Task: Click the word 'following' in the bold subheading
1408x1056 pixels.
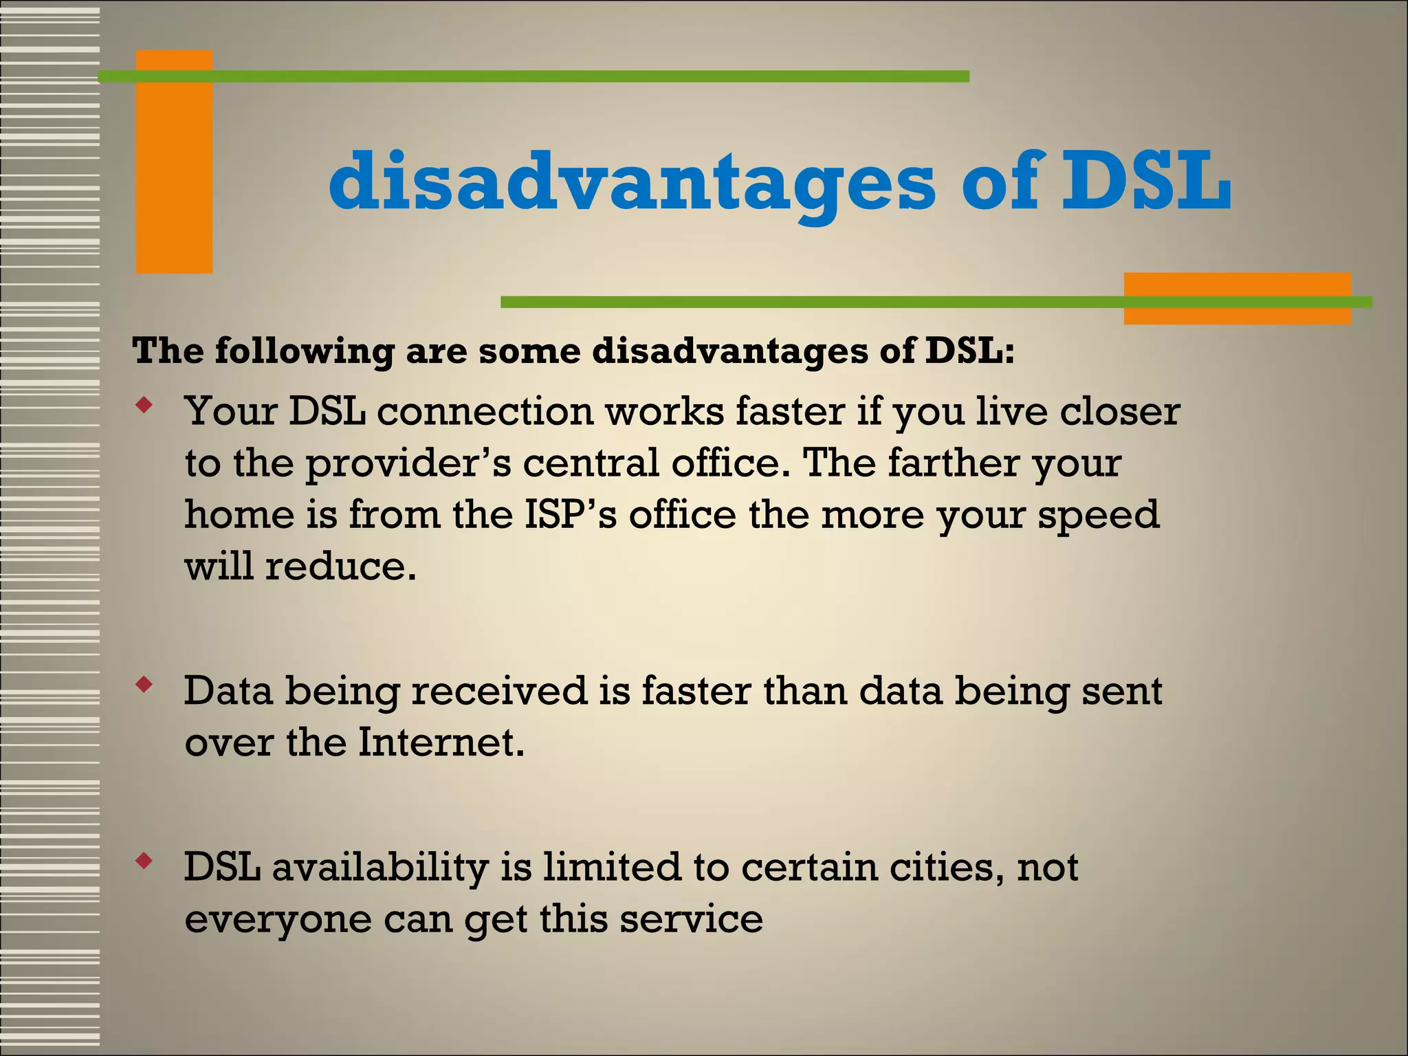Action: pos(304,351)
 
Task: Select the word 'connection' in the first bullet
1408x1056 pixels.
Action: pos(485,412)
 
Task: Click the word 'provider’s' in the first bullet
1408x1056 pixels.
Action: pos(408,464)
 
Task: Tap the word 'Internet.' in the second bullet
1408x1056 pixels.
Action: pos(441,742)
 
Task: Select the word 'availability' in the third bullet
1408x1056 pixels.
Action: pos(380,868)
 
